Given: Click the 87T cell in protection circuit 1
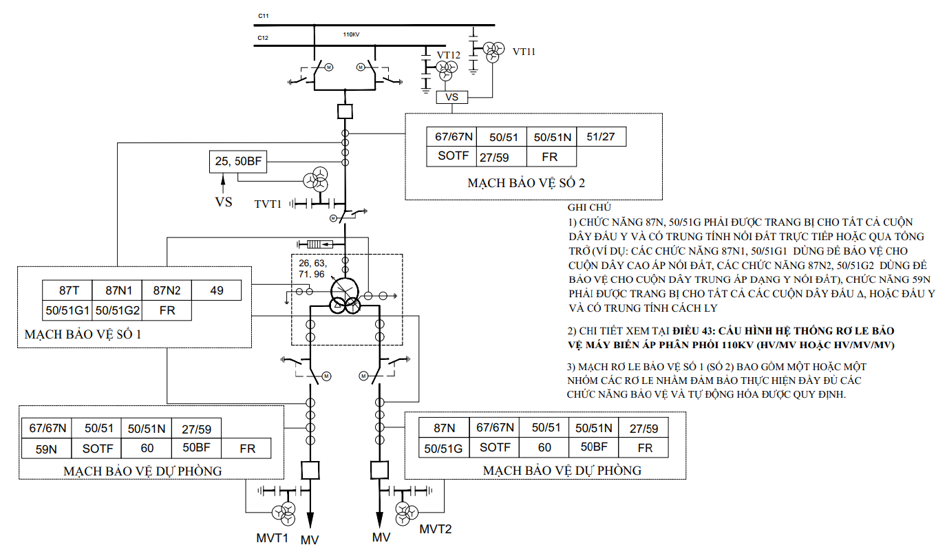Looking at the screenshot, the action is pos(67,290).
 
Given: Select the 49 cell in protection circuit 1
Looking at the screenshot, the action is pos(217,290).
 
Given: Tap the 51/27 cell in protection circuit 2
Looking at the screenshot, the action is pos(602,136).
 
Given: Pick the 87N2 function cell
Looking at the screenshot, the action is pos(167,290).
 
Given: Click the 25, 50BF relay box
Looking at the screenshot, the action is pos(238,162).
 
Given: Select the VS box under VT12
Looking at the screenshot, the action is pos(452,97).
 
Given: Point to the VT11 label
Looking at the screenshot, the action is pos(524,52).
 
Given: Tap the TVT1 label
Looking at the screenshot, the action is pos(268,204).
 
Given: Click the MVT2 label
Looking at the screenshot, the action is pos(436,529).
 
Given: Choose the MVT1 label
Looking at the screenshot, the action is pos(272,538).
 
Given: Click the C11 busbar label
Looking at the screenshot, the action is pos(264,16).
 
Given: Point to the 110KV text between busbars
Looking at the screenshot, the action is pos(351,34).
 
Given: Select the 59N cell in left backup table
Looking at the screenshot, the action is pos(47,449).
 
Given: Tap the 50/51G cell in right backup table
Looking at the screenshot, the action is pos(444,448).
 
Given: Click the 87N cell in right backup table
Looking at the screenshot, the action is pos(444,427).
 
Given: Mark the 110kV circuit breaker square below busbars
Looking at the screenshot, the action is pos(345,111).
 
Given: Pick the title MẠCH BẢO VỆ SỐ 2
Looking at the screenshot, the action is pos(526,182).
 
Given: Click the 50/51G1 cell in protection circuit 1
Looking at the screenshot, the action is pos(67,310).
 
